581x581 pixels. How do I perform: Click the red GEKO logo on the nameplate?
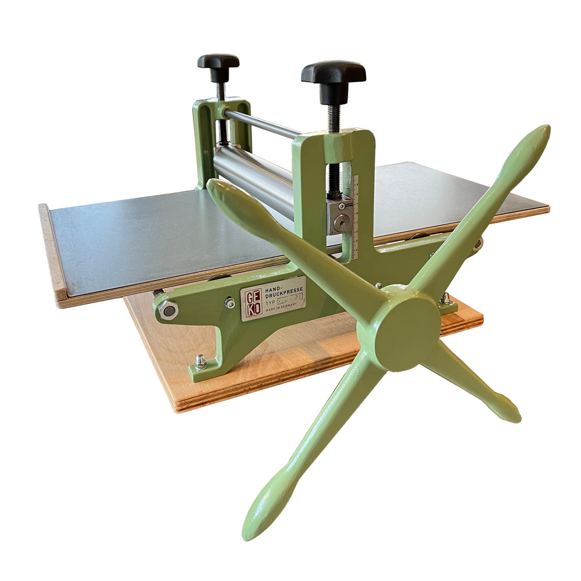[x=251, y=302]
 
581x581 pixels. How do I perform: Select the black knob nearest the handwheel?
[x=333, y=76]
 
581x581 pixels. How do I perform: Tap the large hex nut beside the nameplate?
[x=168, y=310]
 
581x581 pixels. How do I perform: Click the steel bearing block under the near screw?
[x=340, y=216]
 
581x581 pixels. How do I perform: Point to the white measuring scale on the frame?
[x=355, y=215]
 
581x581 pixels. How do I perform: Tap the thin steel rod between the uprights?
[x=261, y=123]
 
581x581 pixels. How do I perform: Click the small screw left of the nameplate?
[x=230, y=303]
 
